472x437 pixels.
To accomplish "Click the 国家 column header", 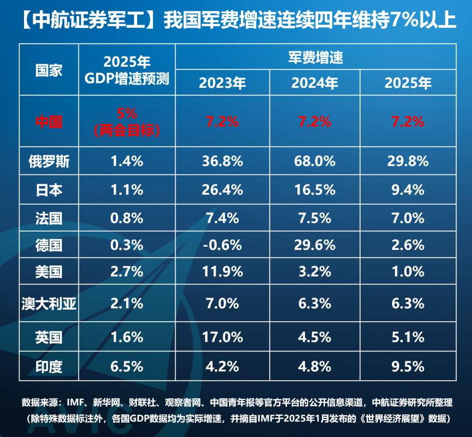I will click(x=49, y=70).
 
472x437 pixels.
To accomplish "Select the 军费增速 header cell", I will click(x=316, y=57).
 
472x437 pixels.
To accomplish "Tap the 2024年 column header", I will click(x=315, y=83).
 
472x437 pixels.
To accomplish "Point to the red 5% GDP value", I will click(x=127, y=114).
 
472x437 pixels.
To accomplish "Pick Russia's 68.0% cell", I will click(x=315, y=161).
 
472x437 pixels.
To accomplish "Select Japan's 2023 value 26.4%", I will click(x=222, y=190).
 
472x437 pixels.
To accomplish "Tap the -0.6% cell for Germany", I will click(x=222, y=245).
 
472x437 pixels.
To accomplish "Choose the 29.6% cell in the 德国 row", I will click(x=315, y=245).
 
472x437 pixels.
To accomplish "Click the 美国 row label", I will click(x=49, y=272).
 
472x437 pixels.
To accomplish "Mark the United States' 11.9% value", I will click(x=222, y=272).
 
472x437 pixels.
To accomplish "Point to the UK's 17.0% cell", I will click(x=222, y=337).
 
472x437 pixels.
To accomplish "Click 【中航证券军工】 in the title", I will click(x=86, y=21).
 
